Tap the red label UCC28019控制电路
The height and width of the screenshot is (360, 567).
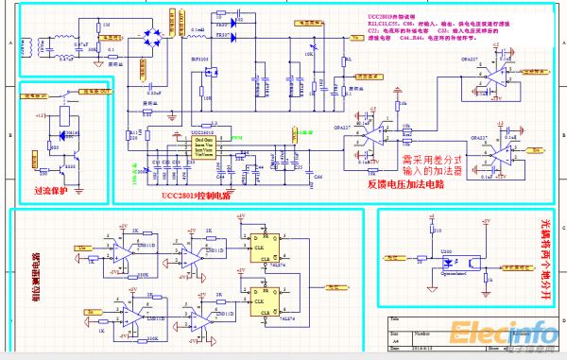(x=196, y=195)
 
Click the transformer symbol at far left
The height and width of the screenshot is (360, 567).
(x=39, y=46)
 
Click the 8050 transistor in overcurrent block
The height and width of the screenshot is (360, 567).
(x=67, y=170)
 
